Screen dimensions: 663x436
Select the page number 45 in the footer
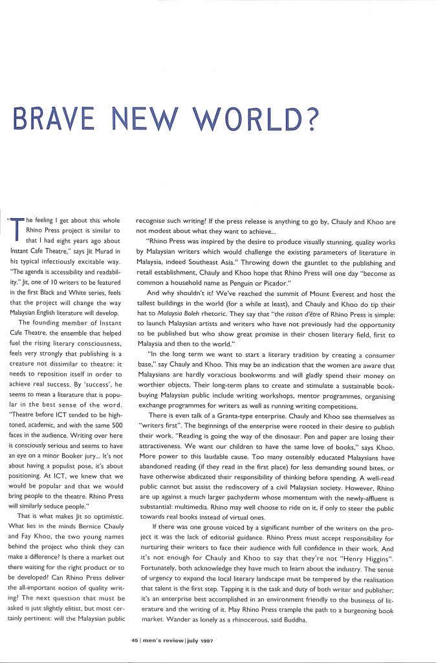135,642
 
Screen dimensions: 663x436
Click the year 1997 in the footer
207,642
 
